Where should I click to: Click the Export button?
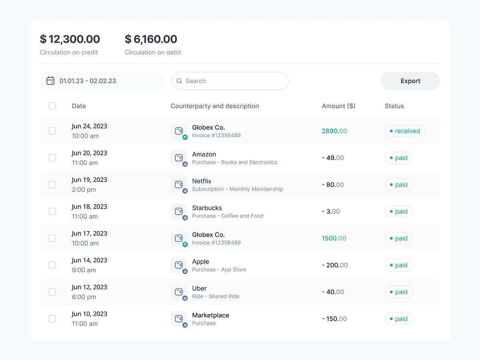point(410,81)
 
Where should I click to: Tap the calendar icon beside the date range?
point(50,81)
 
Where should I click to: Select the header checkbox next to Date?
point(52,106)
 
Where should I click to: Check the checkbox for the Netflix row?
point(52,185)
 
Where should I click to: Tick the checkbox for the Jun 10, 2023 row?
point(52,319)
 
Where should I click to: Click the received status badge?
point(405,131)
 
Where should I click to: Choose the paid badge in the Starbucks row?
point(399,212)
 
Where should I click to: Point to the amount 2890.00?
point(334,131)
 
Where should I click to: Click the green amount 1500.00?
point(334,238)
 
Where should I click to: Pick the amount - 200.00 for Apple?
point(335,265)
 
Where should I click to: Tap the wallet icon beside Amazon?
point(179,158)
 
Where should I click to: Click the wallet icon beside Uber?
point(179,292)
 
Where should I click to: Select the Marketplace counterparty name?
point(210,315)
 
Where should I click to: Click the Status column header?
point(394,106)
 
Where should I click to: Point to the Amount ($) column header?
point(338,106)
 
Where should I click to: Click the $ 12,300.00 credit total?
point(70,39)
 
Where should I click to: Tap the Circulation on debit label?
point(153,52)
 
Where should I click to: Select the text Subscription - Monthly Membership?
point(237,189)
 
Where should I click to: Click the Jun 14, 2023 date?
point(90,260)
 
